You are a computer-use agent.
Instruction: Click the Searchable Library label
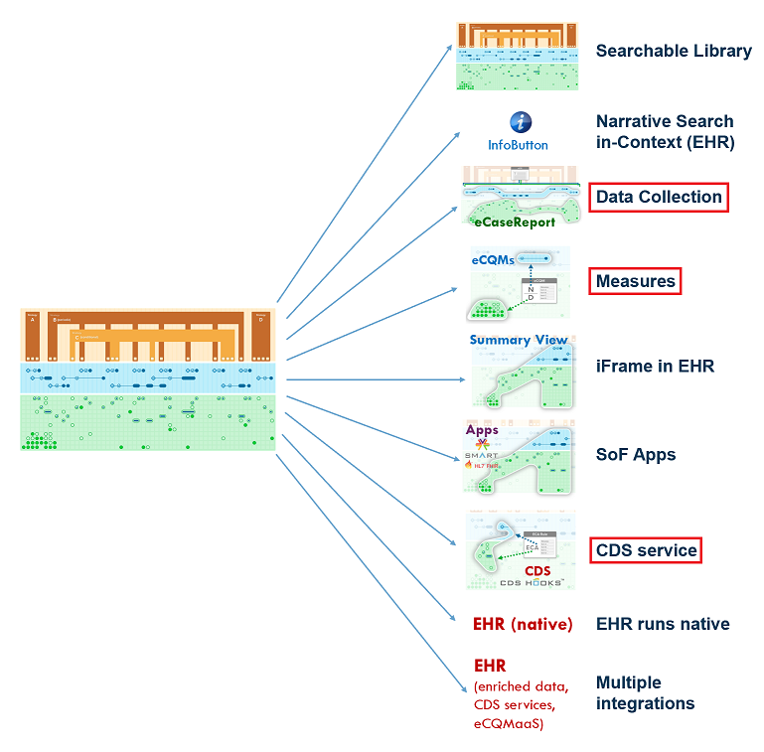[674, 51]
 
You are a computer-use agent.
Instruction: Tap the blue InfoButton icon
[521, 122]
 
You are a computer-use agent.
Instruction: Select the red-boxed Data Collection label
[659, 197]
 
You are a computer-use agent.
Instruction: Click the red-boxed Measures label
[636, 281]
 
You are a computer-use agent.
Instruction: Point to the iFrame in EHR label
[655, 367]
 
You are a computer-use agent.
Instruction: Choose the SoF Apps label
[636, 454]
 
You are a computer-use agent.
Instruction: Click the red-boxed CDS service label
[646, 549]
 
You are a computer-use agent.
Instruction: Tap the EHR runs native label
[663, 624]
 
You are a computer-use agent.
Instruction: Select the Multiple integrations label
[645, 692]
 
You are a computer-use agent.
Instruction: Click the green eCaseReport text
[515, 223]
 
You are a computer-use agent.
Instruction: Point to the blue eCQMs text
[493, 260]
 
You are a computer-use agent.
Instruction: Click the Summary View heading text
[519, 340]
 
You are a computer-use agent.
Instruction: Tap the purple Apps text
[482, 430]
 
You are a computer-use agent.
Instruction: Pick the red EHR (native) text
[523, 624]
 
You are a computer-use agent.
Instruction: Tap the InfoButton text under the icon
[518, 145]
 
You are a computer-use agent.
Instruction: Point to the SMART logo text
[482, 457]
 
